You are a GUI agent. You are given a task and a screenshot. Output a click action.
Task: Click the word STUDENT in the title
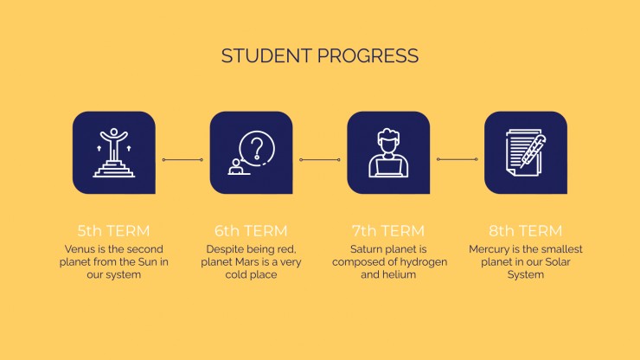click(x=267, y=56)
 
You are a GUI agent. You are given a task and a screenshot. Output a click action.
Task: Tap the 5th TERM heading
click(x=114, y=231)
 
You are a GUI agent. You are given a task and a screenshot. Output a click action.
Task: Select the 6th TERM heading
click(x=251, y=231)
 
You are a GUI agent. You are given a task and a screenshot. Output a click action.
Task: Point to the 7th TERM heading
click(x=388, y=231)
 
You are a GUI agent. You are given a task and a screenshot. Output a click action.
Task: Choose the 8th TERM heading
click(x=526, y=231)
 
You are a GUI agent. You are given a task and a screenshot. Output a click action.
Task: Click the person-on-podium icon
click(x=114, y=152)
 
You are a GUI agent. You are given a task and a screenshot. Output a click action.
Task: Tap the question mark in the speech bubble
click(x=257, y=148)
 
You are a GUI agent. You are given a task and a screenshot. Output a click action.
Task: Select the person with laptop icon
click(x=388, y=153)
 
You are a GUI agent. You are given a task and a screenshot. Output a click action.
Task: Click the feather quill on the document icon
click(x=534, y=151)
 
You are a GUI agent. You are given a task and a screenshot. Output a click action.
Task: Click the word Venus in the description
click(x=80, y=249)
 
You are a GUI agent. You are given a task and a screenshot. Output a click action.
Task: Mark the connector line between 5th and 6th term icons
click(x=182, y=160)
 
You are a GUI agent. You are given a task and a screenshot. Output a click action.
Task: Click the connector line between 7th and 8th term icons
click(x=458, y=159)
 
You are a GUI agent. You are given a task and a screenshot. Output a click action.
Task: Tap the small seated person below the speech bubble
click(x=237, y=167)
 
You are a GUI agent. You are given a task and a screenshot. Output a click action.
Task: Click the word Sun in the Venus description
click(x=148, y=262)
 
